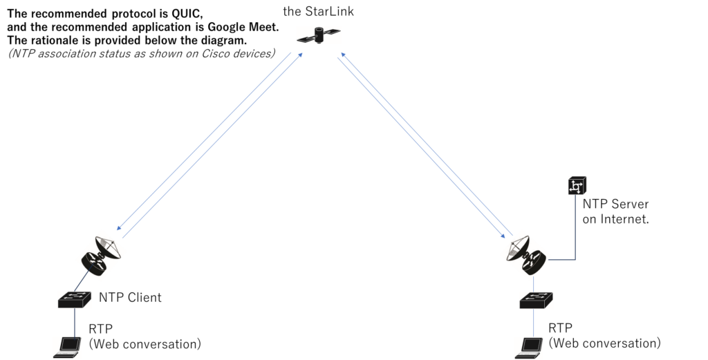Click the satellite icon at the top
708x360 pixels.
pyautogui.click(x=319, y=35)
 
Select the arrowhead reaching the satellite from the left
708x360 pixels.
pyautogui.click(x=301, y=53)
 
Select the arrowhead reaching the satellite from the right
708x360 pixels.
pyautogui.click(x=339, y=59)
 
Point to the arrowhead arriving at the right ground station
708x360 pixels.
pyautogui.click(x=511, y=236)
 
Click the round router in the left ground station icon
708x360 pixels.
pyautogui.click(x=95, y=261)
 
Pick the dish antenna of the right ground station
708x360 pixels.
pyautogui.click(x=518, y=246)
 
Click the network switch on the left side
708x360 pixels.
pyautogui.click(x=75, y=299)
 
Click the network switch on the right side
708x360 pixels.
pyautogui.click(x=536, y=300)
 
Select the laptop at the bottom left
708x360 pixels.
pyautogui.click(x=67, y=347)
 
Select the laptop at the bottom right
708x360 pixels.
pyautogui.click(x=529, y=348)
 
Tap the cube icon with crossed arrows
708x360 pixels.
pyautogui.click(x=577, y=185)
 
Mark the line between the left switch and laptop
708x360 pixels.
pyautogui.click(x=75, y=322)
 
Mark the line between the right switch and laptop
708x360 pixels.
pyautogui.click(x=534, y=323)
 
